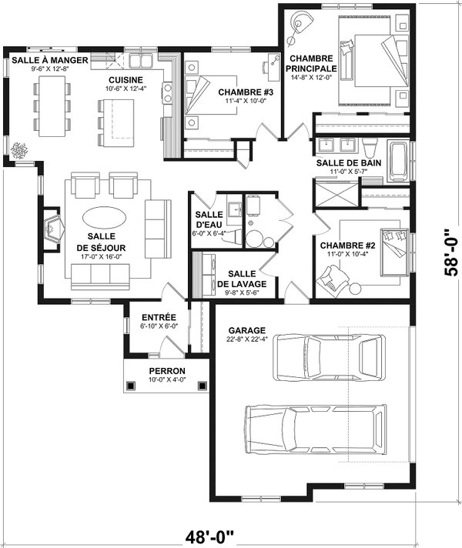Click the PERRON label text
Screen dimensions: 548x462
[166, 371]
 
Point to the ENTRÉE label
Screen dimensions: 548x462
[159, 316]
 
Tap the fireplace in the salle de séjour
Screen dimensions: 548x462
[54, 229]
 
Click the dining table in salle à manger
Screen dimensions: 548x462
[49, 104]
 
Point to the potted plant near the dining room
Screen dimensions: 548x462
[20, 149]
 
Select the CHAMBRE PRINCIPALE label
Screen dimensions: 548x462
[312, 63]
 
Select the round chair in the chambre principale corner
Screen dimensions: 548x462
[296, 25]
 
